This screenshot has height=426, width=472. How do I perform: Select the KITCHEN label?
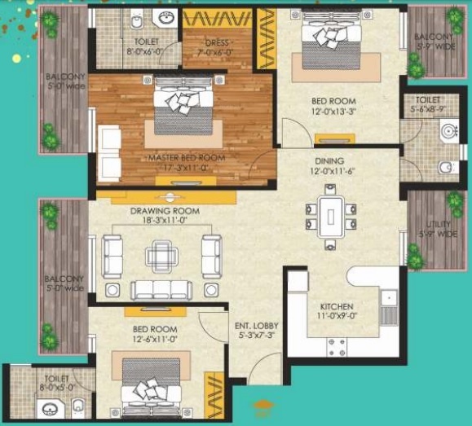coord(335,298)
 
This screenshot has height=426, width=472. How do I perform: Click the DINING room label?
coord(329,161)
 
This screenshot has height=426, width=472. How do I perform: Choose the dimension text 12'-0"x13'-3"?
coord(329,113)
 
